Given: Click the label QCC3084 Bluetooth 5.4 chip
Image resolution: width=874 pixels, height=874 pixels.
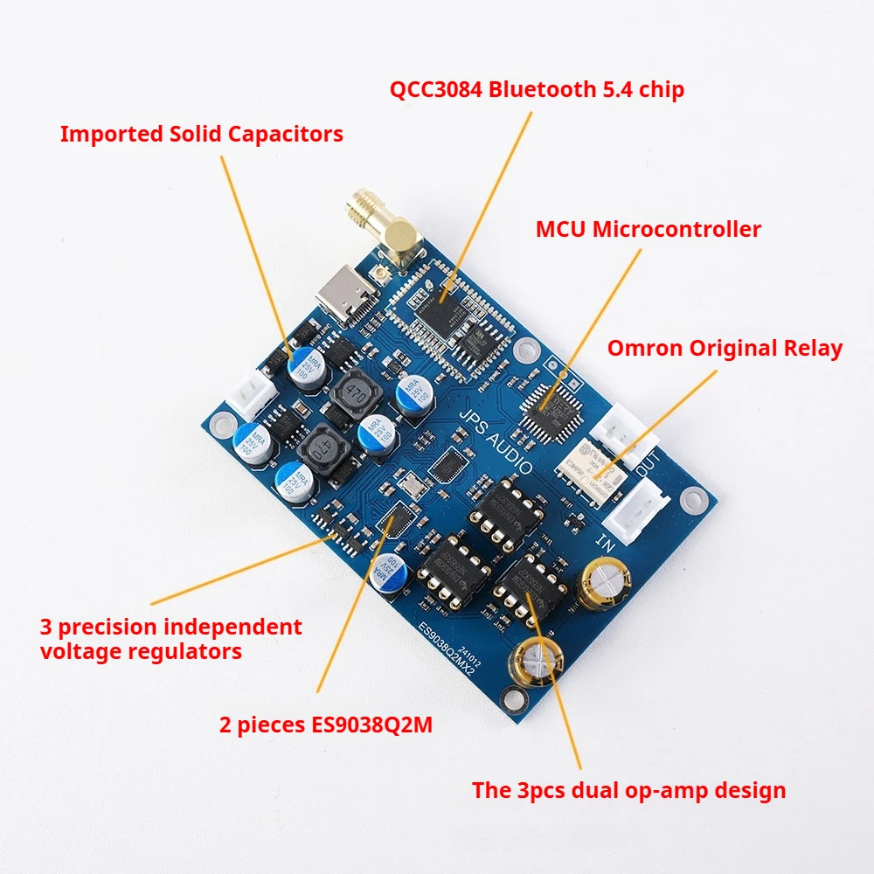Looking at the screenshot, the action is [x=537, y=89].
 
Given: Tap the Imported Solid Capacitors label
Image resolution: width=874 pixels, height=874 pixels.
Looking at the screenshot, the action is [x=201, y=134].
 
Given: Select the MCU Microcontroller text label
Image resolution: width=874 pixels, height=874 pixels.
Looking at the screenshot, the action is [x=648, y=230].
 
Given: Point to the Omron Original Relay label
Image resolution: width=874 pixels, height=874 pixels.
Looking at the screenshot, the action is [x=725, y=349].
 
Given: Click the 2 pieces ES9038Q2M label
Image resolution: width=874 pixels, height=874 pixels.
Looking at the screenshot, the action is [x=325, y=725].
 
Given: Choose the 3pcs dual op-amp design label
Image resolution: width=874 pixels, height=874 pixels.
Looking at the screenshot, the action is [x=628, y=791].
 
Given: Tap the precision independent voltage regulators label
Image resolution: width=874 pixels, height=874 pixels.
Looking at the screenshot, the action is [x=170, y=639].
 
